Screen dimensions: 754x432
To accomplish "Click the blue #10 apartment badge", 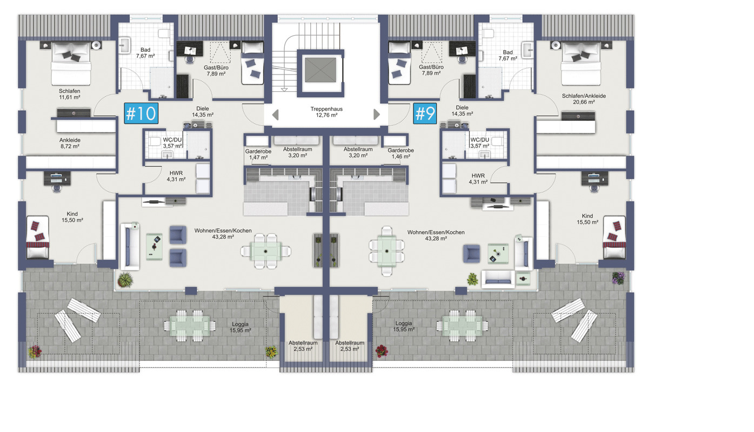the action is point(141,113).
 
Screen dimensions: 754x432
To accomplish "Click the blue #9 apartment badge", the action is point(425,113).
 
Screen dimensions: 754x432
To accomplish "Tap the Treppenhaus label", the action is point(326,112).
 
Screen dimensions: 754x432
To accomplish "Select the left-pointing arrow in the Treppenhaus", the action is point(275,114).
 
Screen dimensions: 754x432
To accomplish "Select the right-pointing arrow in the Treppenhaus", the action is point(377,114).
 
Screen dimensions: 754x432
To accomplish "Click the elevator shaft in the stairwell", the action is point(321,70).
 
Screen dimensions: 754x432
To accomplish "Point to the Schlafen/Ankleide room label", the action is point(584,99).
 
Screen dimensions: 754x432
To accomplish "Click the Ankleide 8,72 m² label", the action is point(70,143).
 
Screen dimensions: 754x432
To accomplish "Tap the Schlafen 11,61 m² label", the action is point(69,94).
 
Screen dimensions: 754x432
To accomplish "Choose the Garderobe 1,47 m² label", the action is point(258,154).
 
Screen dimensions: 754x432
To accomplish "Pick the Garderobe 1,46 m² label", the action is point(401,153).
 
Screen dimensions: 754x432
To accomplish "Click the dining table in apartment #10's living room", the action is point(266,251).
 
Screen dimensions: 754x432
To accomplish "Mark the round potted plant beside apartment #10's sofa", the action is point(125,280).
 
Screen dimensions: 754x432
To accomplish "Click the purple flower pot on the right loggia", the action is point(618,278).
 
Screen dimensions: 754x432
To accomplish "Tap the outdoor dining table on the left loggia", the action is point(190,326).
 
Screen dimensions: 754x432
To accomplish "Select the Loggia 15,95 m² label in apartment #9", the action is point(404,326).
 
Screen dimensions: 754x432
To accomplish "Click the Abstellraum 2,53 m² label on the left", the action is point(303,346).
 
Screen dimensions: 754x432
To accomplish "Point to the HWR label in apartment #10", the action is point(176,176).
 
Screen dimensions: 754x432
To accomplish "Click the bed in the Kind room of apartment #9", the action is point(615,238).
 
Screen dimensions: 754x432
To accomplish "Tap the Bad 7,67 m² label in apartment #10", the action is point(145,53).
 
